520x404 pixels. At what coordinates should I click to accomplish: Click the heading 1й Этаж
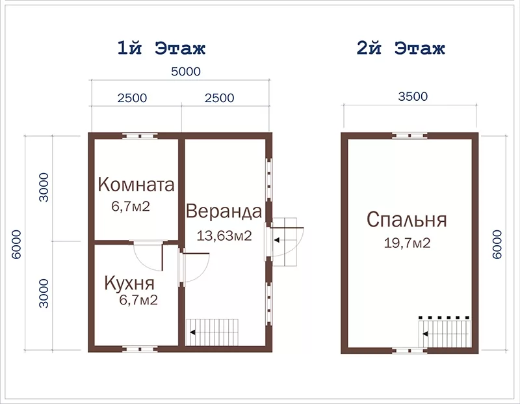161,48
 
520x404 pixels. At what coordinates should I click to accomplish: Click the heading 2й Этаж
400,48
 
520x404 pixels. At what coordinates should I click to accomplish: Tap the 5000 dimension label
186,72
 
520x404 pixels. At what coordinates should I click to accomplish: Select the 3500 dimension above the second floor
413,96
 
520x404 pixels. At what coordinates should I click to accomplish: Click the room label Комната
136,185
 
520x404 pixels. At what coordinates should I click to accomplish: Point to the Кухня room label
129,283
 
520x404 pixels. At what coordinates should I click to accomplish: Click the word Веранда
224,211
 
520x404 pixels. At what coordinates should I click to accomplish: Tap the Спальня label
407,220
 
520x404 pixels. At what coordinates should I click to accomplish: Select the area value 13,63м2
224,236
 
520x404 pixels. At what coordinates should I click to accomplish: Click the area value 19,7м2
408,243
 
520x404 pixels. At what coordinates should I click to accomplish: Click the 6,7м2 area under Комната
131,206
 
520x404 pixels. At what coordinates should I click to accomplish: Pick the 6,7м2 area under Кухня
138,300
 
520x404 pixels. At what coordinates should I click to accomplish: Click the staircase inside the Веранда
213,332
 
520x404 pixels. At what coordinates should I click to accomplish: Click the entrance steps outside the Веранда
285,241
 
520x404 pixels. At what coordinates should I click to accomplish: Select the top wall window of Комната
140,136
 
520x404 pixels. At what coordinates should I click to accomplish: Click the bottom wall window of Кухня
140,349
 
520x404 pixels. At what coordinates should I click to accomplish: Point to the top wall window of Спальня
409,136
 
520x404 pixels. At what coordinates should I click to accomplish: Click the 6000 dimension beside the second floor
497,245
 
